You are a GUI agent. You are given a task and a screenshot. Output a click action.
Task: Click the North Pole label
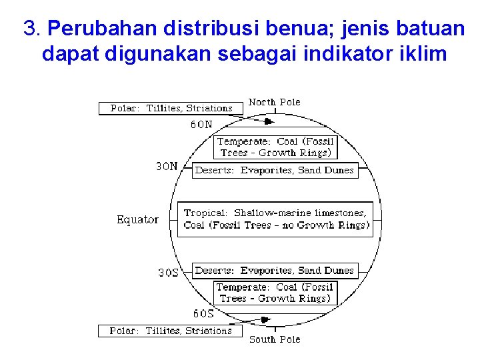click(x=274, y=102)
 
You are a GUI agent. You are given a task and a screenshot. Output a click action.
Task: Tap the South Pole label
click(x=274, y=339)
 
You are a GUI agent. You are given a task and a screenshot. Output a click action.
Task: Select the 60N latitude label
click(x=202, y=124)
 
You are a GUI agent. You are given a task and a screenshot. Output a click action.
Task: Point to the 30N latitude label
click(x=167, y=167)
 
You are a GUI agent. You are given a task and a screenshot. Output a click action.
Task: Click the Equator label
click(x=137, y=219)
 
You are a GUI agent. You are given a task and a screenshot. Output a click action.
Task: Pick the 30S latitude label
click(x=168, y=273)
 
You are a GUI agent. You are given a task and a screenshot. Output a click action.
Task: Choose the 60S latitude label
click(x=203, y=313)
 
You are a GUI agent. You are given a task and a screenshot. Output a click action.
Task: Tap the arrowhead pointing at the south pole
click(x=265, y=320)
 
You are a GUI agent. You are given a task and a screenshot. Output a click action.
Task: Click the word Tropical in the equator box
click(x=205, y=213)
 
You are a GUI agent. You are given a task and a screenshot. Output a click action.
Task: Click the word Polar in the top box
click(x=125, y=108)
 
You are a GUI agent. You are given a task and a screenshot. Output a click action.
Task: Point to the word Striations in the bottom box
click(x=209, y=331)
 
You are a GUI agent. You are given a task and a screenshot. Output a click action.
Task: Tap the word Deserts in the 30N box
click(x=214, y=170)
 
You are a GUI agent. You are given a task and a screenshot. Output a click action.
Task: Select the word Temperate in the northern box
click(x=243, y=141)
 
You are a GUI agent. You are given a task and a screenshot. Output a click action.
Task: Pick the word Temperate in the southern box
click(x=242, y=287)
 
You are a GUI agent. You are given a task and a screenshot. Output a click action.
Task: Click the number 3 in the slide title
click(x=29, y=28)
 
